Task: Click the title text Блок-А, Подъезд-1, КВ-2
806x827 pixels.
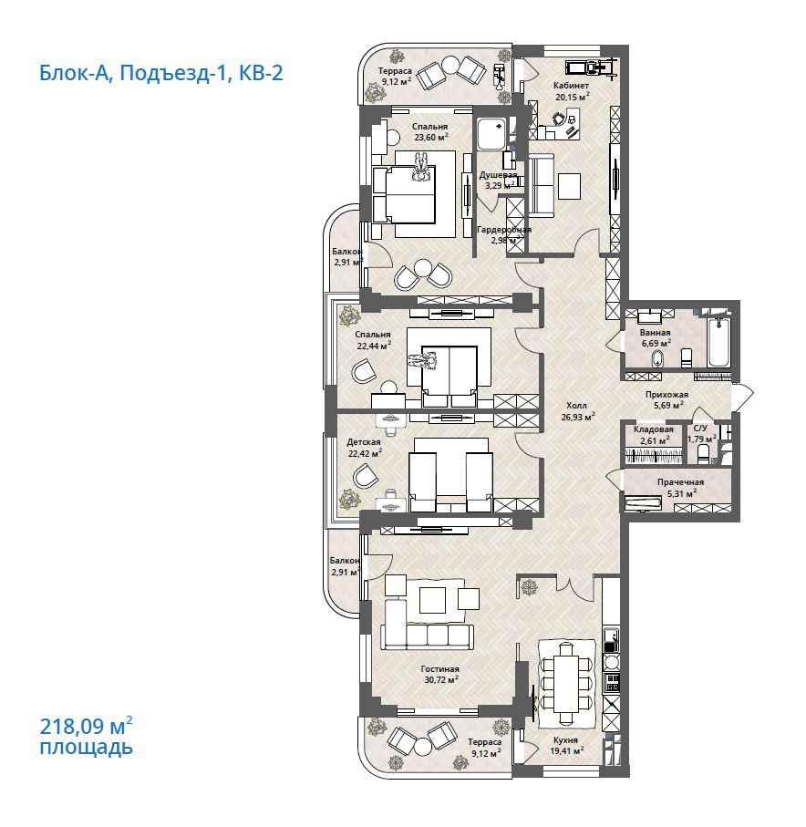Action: pyautogui.click(x=160, y=73)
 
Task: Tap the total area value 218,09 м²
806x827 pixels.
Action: pyautogui.click(x=86, y=727)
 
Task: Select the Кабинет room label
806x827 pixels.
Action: pyautogui.click(x=572, y=86)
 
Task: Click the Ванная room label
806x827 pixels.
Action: pyautogui.click(x=656, y=333)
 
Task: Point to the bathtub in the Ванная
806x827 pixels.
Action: pyautogui.click(x=719, y=340)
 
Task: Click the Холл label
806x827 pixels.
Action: pyautogui.click(x=576, y=406)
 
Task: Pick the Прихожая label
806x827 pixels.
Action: pyautogui.click(x=666, y=395)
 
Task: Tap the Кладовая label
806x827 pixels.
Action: pyautogui.click(x=654, y=429)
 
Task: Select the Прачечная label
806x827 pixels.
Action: pyautogui.click(x=680, y=482)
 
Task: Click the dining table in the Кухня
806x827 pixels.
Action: pyautogui.click(x=566, y=683)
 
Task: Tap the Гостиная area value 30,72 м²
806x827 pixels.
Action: pyautogui.click(x=441, y=680)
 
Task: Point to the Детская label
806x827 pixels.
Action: pyautogui.click(x=364, y=442)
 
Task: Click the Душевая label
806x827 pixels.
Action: pyautogui.click(x=498, y=175)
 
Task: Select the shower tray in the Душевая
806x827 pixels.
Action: pyautogui.click(x=492, y=133)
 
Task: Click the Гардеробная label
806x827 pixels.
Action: pyautogui.click(x=504, y=230)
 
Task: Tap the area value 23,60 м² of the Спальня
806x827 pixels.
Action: pyautogui.click(x=431, y=137)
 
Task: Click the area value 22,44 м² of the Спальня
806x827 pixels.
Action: pyautogui.click(x=374, y=346)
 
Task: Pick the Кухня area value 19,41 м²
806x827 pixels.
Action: pyautogui.click(x=567, y=750)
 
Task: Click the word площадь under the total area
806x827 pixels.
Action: pyautogui.click(x=87, y=748)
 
